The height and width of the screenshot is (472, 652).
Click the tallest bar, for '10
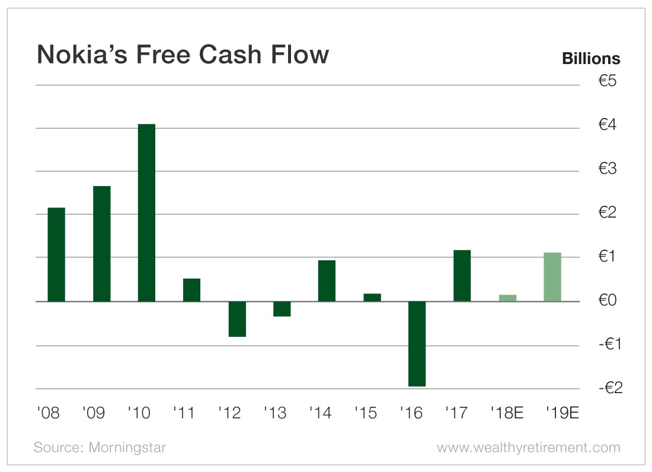click(146, 212)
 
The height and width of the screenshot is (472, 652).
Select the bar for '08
click(56, 254)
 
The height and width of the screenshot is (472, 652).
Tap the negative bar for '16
click(417, 344)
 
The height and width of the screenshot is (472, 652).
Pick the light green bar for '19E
click(552, 277)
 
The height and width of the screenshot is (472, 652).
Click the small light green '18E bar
click(507, 298)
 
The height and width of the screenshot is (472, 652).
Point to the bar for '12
click(237, 319)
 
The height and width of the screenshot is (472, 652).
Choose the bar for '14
click(327, 280)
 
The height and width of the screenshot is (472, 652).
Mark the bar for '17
click(462, 276)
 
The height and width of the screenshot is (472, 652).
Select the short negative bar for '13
click(282, 309)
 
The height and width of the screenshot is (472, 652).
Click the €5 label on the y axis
click(608, 81)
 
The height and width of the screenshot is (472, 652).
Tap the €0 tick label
click(608, 301)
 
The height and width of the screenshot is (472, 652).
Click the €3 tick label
click(608, 169)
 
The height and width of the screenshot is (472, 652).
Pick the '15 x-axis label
click(366, 413)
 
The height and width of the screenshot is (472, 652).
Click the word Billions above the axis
click(591, 59)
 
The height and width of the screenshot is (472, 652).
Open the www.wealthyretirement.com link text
click(529, 447)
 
